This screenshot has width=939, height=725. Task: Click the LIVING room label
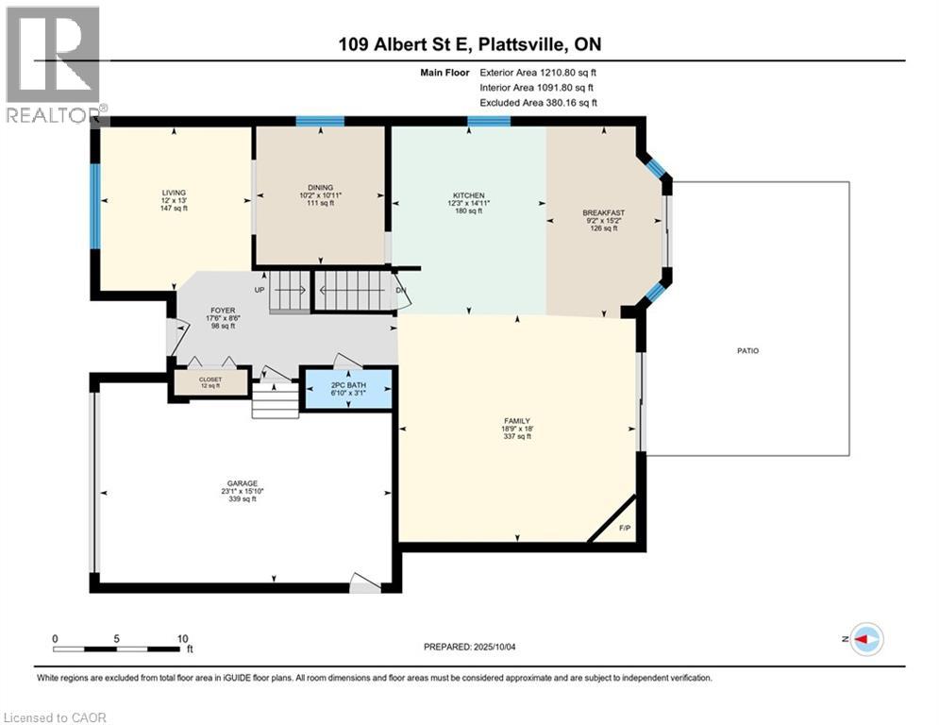[x=173, y=193]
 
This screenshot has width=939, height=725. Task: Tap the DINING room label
[x=319, y=187]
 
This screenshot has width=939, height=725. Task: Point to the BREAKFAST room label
[x=604, y=213]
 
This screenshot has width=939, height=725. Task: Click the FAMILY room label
[x=516, y=421]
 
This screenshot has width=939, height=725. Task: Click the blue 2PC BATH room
[x=347, y=388]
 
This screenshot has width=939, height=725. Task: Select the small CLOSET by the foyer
[x=210, y=381]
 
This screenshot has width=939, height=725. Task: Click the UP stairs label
[x=259, y=289]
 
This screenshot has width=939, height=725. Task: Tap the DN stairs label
[x=401, y=290]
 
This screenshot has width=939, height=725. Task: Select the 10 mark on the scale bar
[x=181, y=638]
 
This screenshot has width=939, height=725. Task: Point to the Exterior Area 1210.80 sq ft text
[x=538, y=71]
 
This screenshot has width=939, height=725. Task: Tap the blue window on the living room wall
[x=94, y=206]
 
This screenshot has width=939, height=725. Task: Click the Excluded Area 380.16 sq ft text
[x=538, y=102]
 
